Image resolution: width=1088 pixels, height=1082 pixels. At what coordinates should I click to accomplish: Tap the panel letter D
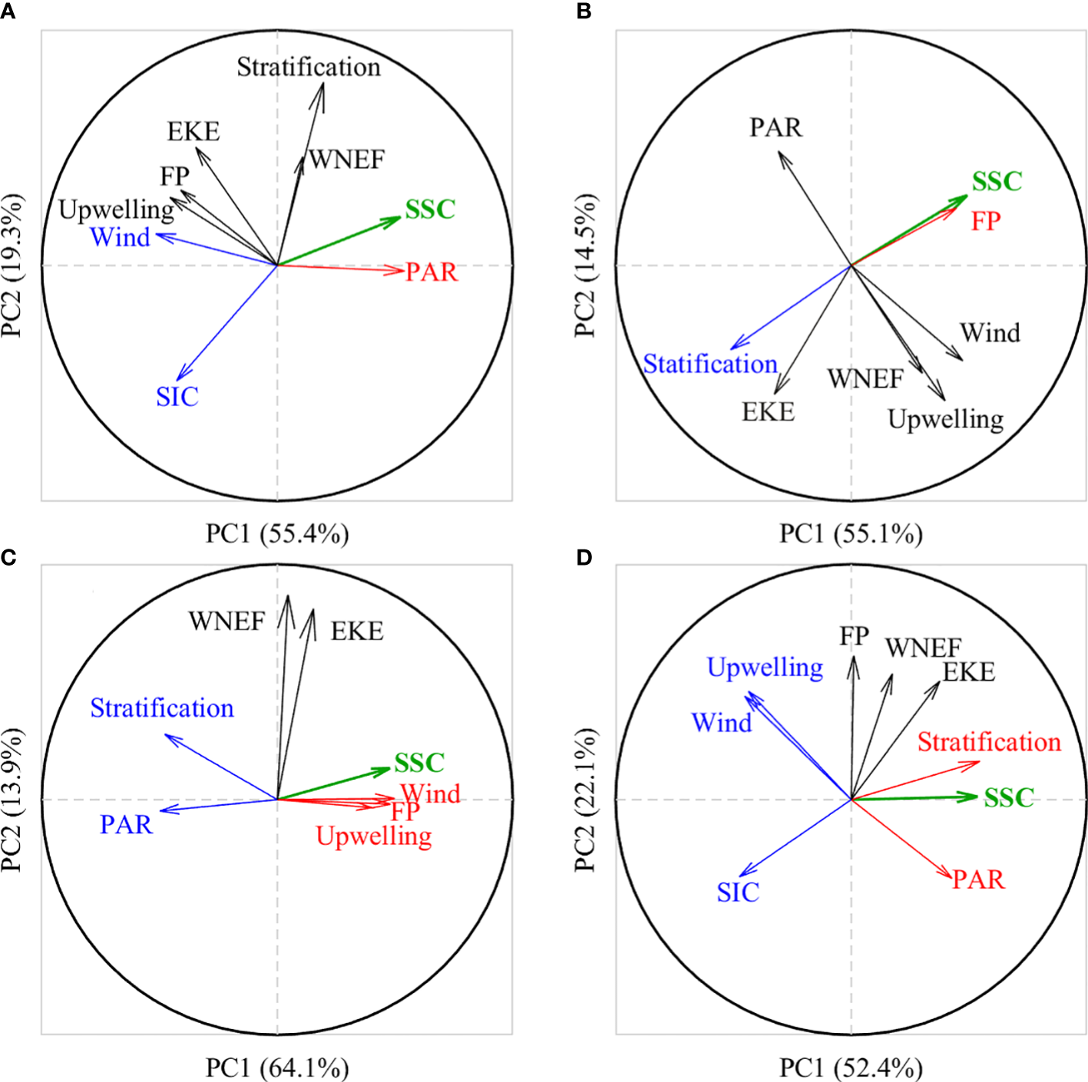(x=584, y=557)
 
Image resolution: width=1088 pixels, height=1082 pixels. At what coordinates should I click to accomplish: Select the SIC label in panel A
(x=177, y=397)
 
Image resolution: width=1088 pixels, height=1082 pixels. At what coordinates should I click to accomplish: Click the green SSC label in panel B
(x=997, y=182)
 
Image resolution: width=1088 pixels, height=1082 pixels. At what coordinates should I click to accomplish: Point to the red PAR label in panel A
(x=431, y=272)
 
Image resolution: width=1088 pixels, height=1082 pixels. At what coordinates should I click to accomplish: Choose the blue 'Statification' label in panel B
(x=710, y=364)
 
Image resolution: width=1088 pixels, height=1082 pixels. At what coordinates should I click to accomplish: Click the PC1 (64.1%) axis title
(x=277, y=1067)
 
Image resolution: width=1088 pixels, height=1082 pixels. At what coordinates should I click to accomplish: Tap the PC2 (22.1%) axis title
(x=585, y=800)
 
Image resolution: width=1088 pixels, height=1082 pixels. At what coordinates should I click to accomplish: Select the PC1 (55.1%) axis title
(x=851, y=533)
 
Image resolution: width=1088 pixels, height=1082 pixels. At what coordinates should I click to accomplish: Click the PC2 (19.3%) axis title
(x=12, y=266)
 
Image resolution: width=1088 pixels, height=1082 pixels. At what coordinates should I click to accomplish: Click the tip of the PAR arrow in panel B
(x=779, y=152)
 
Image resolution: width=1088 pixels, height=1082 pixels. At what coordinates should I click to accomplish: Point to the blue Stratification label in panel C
(x=162, y=708)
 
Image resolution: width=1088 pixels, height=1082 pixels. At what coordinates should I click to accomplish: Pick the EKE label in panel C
(x=357, y=632)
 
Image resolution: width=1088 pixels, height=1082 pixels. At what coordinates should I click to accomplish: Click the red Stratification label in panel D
(x=989, y=742)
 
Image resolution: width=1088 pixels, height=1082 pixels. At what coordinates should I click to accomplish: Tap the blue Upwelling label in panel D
(x=765, y=668)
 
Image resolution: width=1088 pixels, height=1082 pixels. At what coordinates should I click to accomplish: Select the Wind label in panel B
(x=990, y=333)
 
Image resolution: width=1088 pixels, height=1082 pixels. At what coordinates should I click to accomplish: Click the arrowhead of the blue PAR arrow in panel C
(x=160, y=811)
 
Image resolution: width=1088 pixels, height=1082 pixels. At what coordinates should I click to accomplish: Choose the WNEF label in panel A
(x=346, y=160)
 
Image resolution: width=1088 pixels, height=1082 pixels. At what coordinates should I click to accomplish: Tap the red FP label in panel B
(x=986, y=221)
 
